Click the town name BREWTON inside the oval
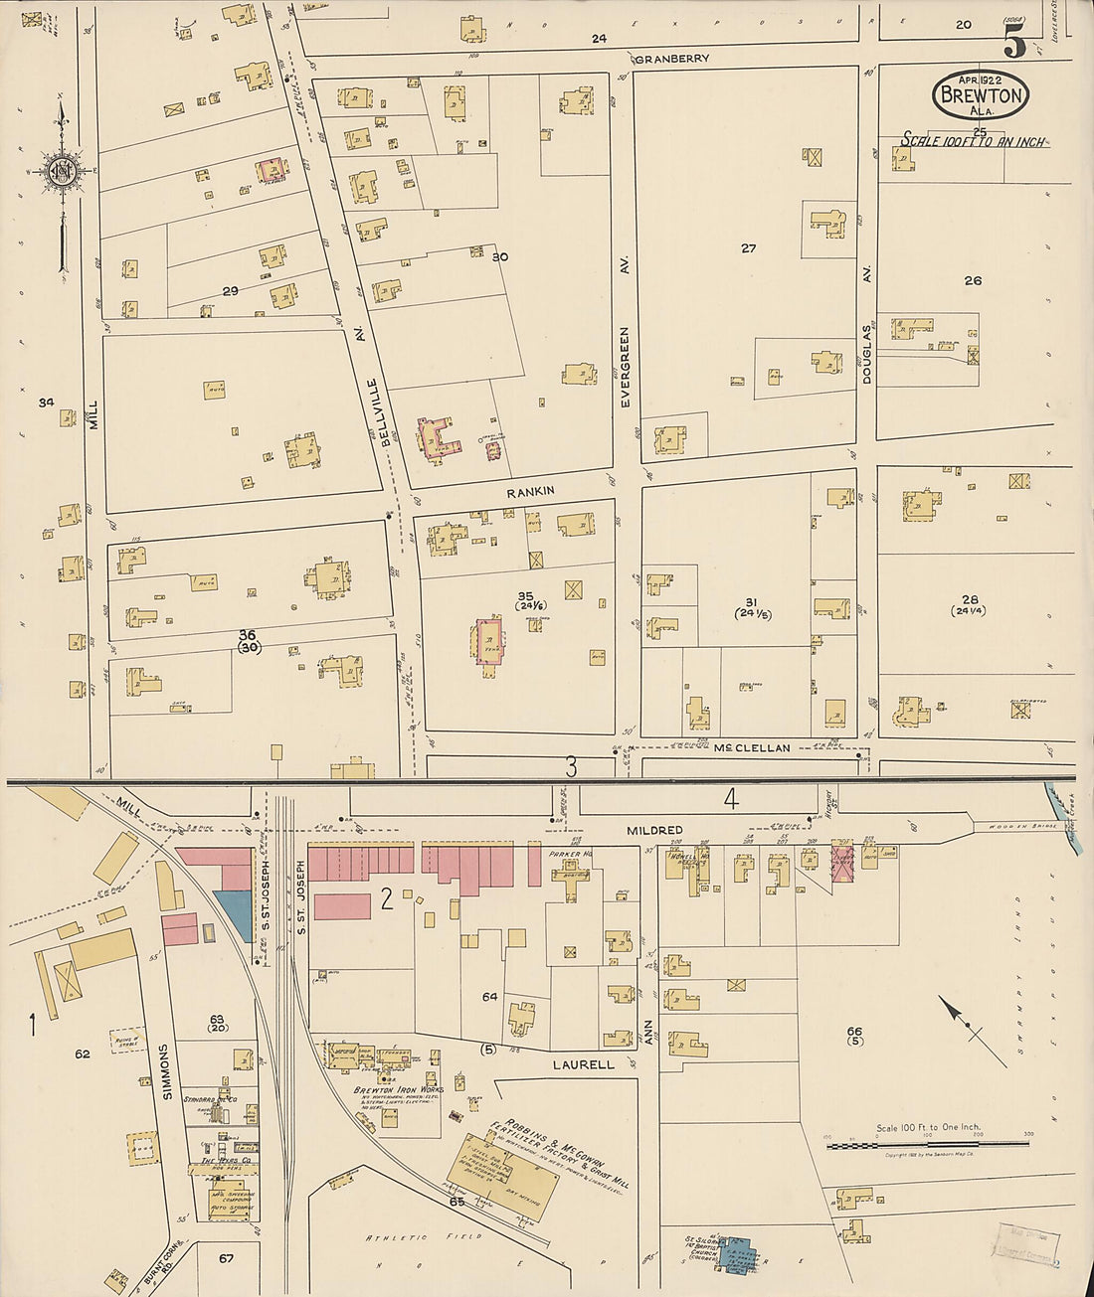(981, 96)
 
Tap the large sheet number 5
(1013, 41)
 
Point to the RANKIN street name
(529, 491)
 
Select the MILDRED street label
(653, 829)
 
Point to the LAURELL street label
(583, 1064)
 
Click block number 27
(748, 248)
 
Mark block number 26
(972, 280)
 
